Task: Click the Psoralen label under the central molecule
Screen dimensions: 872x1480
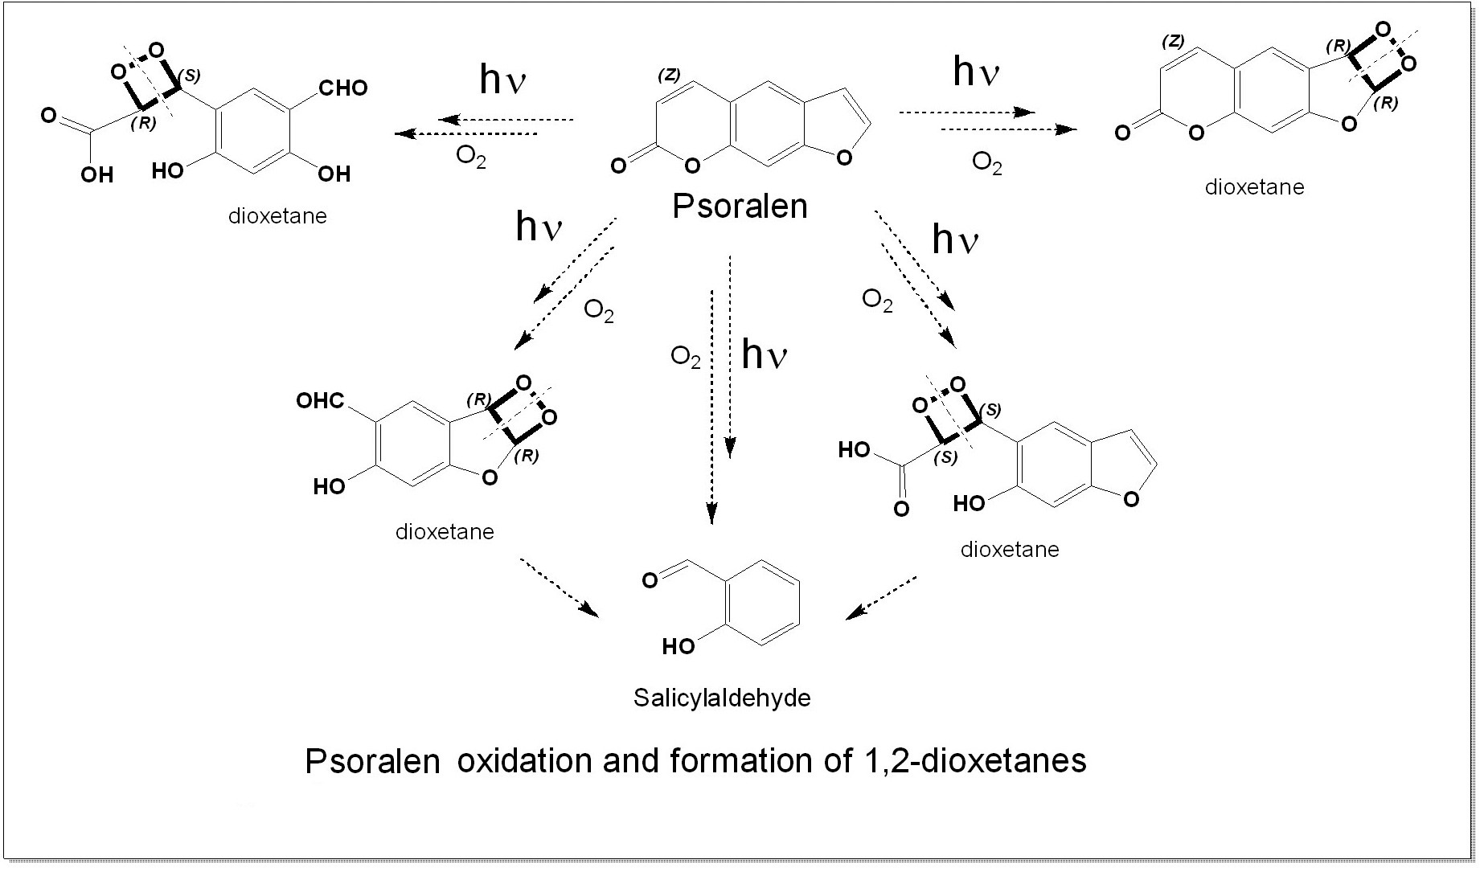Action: point(740,207)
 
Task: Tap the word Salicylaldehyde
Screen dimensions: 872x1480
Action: point(722,697)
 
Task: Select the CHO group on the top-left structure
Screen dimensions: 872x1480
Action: point(342,88)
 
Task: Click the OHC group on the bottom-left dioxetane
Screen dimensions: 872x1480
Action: point(320,400)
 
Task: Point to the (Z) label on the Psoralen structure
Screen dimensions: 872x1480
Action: point(669,75)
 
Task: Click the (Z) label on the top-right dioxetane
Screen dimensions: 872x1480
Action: point(1173,42)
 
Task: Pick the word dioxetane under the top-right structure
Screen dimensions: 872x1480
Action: point(1254,187)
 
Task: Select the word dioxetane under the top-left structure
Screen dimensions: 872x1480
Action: point(277,216)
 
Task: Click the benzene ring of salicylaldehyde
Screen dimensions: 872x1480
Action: point(763,603)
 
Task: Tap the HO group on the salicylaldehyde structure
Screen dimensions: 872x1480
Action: point(678,646)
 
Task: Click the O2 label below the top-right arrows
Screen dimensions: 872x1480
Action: point(987,163)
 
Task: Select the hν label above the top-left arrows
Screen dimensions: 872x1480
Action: point(502,80)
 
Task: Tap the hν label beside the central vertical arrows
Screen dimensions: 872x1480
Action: point(764,354)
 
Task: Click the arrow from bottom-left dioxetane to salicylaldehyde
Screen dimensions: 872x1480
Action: point(560,587)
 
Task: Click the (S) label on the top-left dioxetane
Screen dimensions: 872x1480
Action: point(190,75)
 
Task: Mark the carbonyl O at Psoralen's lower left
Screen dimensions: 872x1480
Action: point(618,166)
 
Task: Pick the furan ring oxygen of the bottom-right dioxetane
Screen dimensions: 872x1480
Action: point(1131,500)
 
